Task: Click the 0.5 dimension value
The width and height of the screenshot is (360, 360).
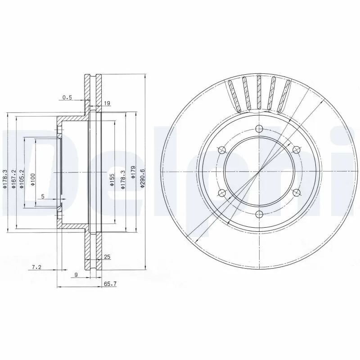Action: tap(67, 97)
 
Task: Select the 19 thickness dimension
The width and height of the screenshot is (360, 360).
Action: tap(107, 103)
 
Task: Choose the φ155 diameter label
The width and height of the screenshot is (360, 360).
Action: tap(112, 180)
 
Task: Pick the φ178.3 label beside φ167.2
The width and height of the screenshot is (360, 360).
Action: tap(5, 179)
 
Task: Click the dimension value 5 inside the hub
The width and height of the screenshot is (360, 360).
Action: tap(42, 197)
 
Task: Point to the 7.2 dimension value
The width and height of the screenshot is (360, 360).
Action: tap(37, 267)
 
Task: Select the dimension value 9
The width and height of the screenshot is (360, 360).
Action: tap(76, 275)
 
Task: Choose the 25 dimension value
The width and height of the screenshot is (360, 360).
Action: tap(107, 257)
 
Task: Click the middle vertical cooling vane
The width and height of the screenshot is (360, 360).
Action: tap(259, 93)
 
